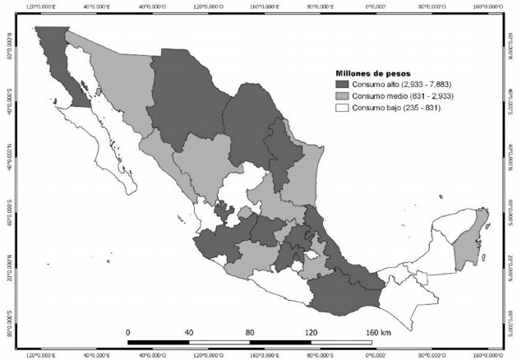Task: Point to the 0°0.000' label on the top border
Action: pyautogui.click(x=377, y=6)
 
